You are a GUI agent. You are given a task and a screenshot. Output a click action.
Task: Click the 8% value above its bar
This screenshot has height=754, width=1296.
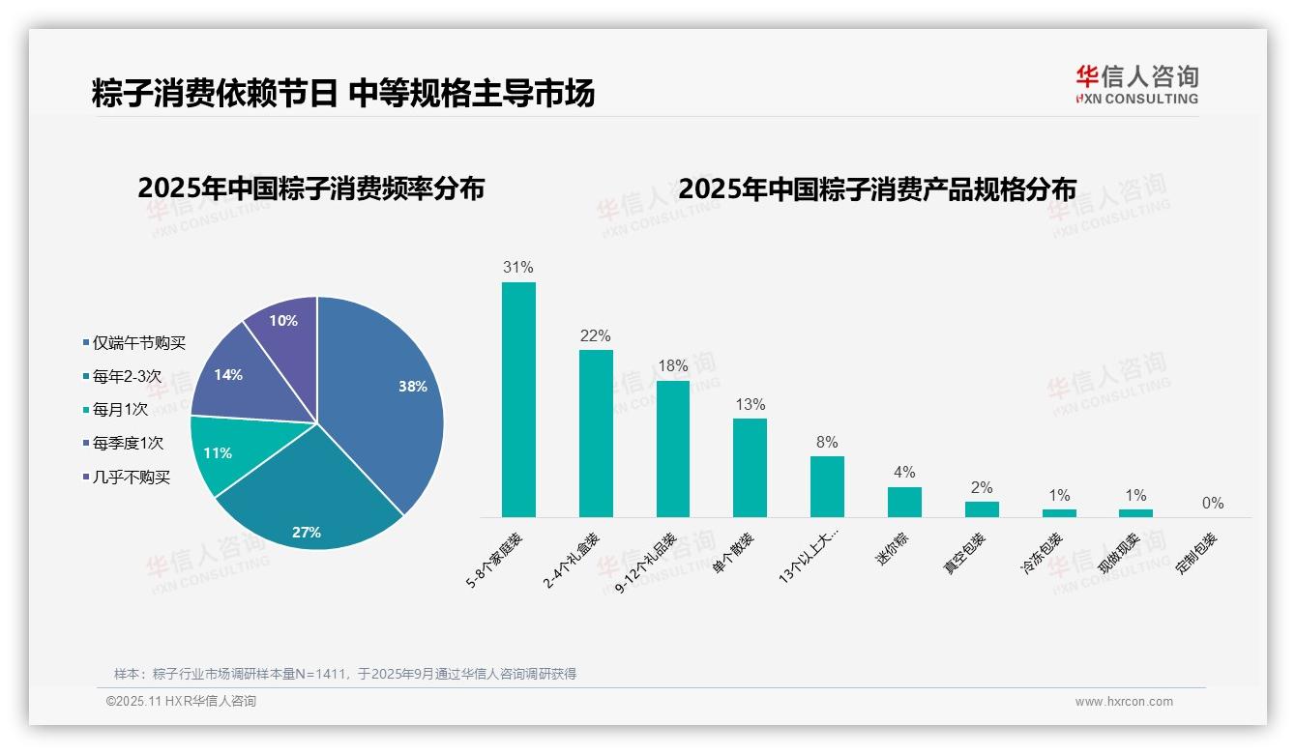point(827,443)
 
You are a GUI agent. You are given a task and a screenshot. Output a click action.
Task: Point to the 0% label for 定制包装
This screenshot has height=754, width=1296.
point(1213,504)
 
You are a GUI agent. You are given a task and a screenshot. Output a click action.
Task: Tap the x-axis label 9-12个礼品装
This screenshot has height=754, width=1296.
point(647,565)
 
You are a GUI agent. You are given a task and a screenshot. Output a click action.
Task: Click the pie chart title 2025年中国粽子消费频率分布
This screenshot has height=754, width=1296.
point(310,188)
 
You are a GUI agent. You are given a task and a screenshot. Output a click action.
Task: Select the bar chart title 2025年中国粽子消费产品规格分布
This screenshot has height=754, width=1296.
point(876,189)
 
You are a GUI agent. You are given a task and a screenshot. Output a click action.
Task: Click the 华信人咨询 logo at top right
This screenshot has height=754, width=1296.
point(1136,85)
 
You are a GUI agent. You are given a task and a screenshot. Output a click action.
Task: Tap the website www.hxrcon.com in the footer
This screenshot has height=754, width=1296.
point(1124,702)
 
